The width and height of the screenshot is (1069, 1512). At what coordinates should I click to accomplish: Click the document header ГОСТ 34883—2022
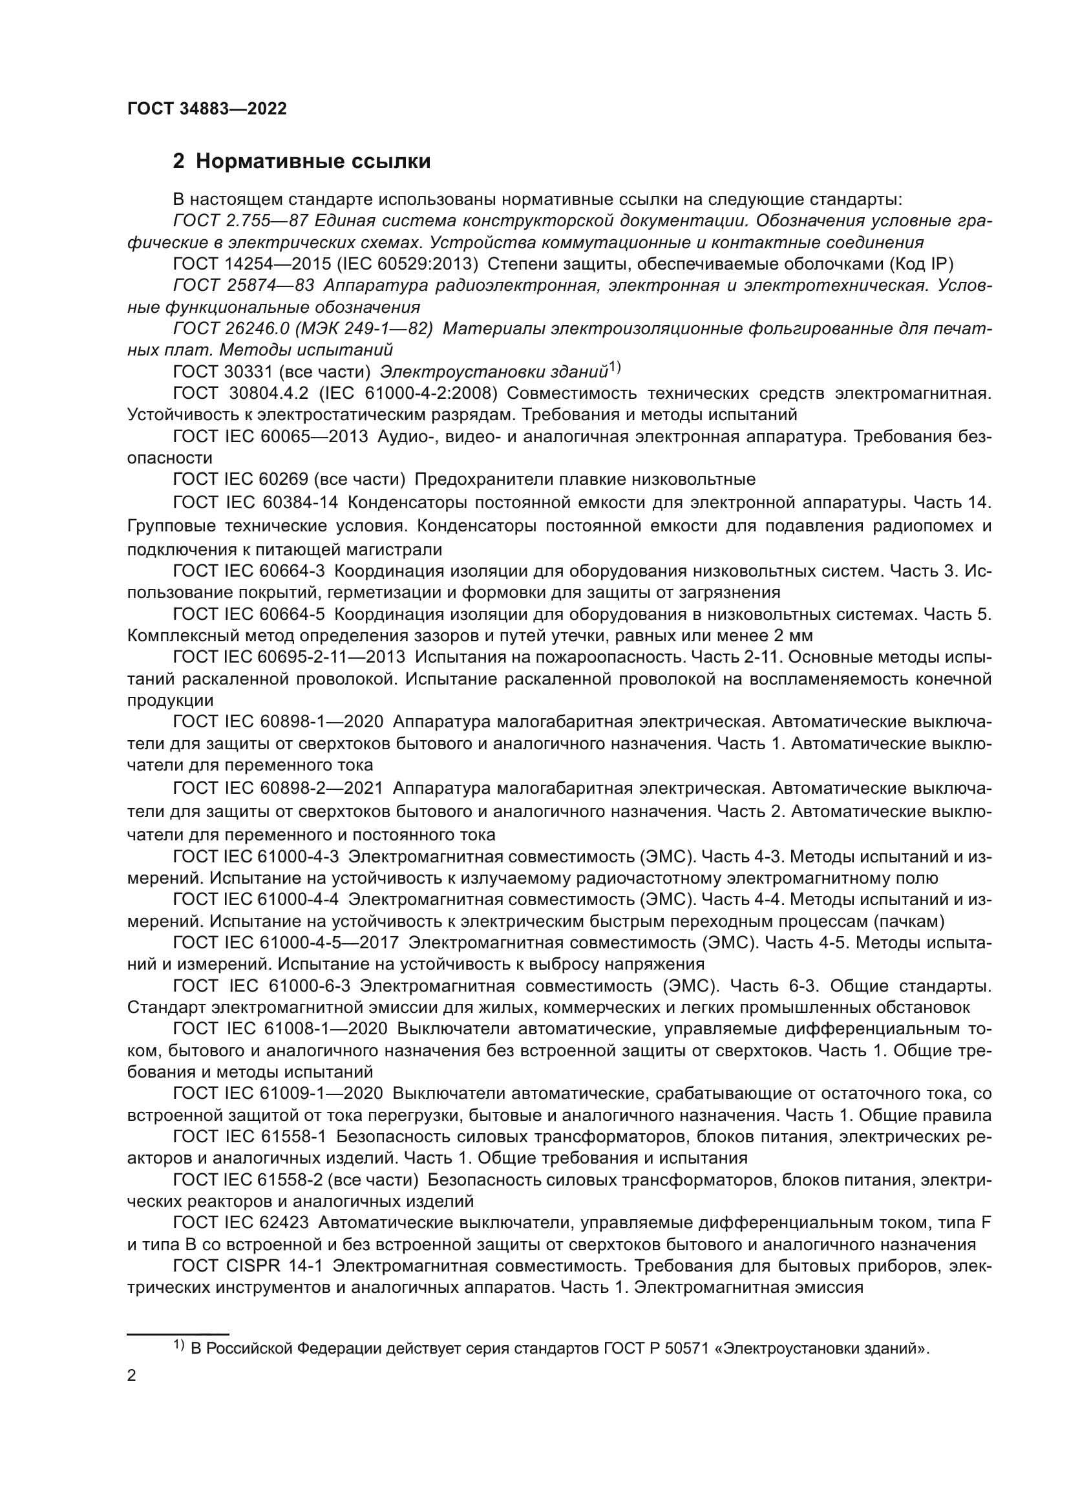(x=207, y=109)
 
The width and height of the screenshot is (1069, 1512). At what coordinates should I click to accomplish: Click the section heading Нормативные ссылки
(x=313, y=161)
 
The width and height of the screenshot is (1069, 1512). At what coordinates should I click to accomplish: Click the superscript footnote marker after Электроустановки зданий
(x=615, y=367)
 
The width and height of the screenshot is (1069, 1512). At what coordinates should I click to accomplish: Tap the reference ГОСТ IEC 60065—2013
(x=270, y=436)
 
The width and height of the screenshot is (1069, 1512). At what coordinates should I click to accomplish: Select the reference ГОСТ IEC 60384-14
(x=255, y=502)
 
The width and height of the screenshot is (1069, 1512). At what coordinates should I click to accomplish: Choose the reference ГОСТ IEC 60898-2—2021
(x=278, y=788)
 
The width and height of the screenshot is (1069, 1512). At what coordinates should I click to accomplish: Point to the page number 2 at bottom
(x=131, y=1376)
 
